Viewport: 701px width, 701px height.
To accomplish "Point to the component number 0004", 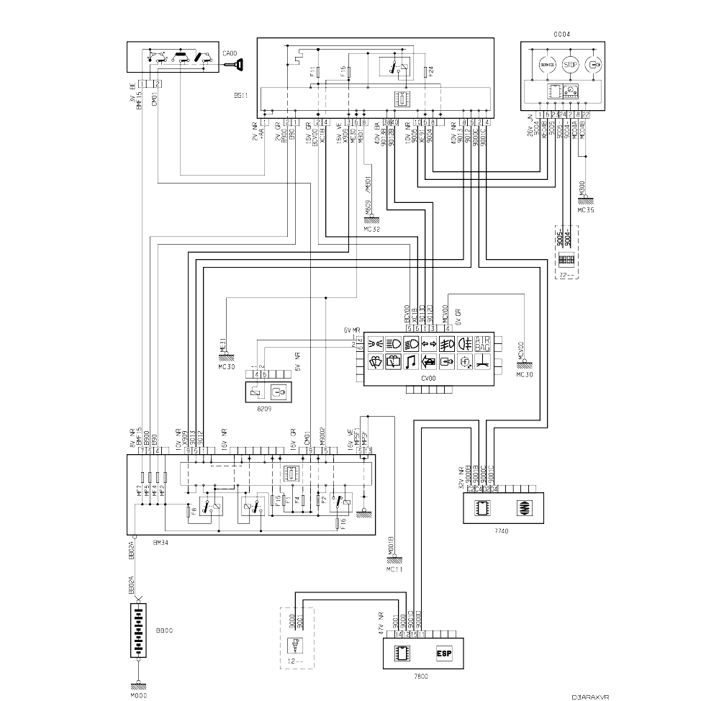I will tap(561, 34).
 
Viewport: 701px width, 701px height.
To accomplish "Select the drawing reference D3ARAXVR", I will tap(591, 696).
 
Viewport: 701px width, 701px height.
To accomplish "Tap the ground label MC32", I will tap(371, 229).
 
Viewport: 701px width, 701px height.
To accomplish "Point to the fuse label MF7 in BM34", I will tap(138, 491).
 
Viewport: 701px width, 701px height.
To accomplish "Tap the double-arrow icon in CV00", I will tap(445, 343).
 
